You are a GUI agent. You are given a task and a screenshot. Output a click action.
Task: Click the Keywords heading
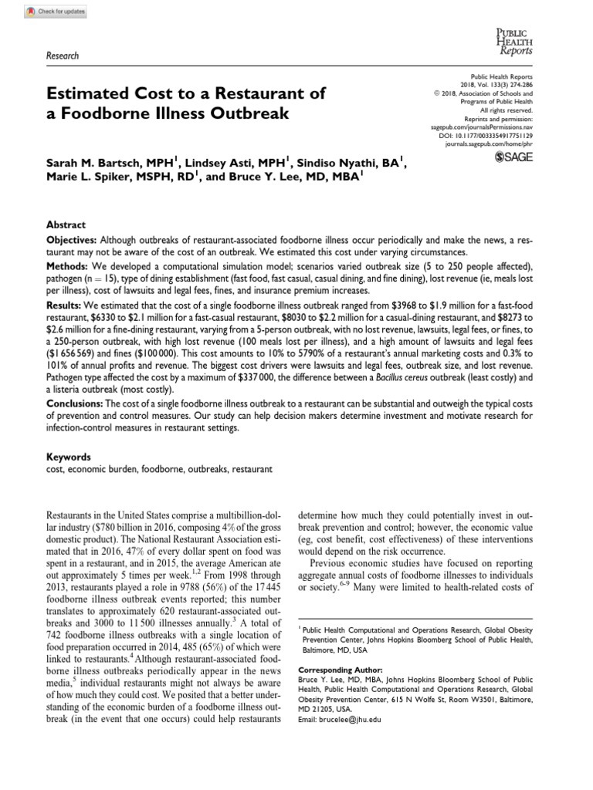(69, 457)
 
